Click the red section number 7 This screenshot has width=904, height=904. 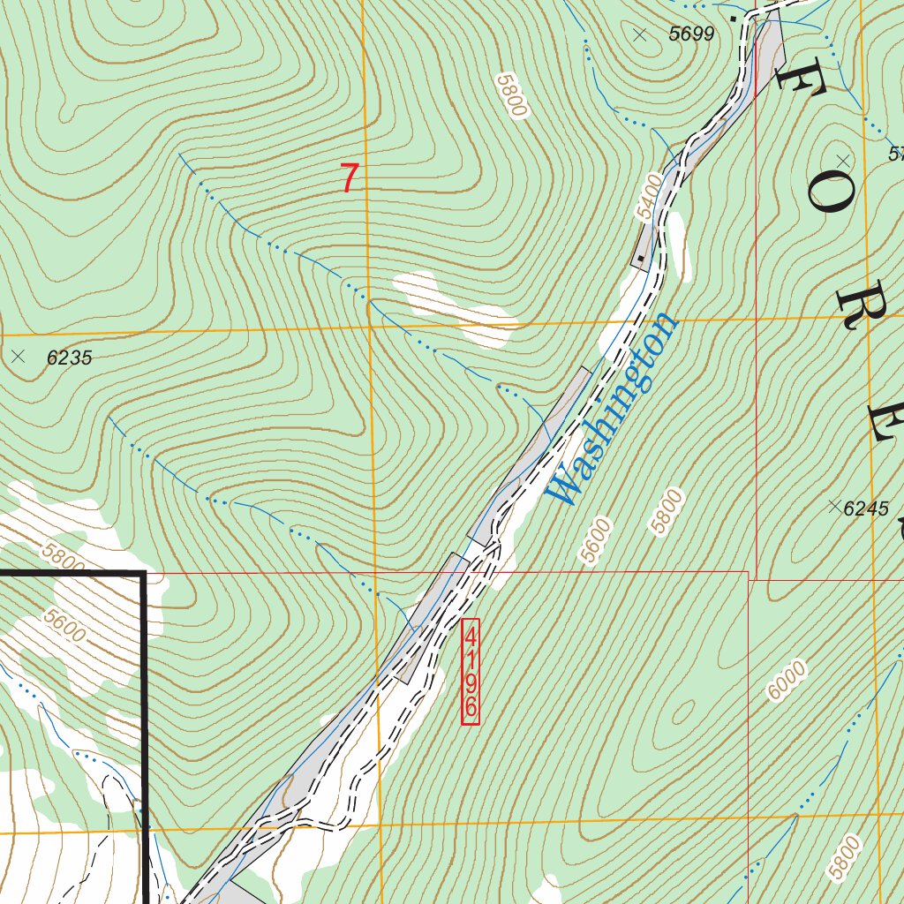(350, 179)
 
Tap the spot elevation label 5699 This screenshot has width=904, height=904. (690, 34)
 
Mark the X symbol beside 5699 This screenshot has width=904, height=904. (640, 34)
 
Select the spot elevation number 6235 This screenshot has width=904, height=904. (69, 358)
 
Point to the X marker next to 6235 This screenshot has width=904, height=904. (19, 357)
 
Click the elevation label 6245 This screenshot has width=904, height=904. (866, 508)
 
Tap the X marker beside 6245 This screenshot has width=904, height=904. (833, 506)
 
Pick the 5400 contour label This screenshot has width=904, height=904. (649, 196)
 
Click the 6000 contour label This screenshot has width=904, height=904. (787, 681)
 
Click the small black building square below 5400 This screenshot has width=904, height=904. (641, 259)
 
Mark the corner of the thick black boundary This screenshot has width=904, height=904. (144, 574)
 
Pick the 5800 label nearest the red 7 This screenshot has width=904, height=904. (511, 95)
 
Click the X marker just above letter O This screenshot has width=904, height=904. (843, 161)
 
